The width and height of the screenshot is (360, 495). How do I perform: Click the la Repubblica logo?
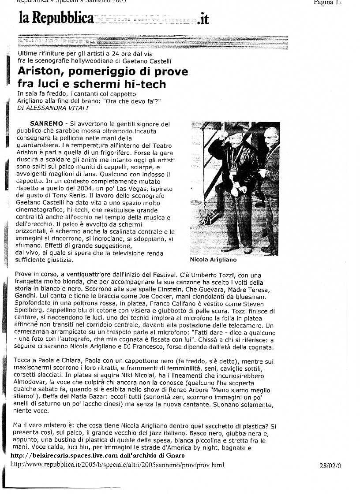point(56,18)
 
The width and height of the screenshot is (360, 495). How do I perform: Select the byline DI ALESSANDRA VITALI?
point(52,108)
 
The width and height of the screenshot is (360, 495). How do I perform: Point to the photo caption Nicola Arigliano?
point(213,260)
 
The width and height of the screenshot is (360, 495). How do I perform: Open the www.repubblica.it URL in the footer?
point(117,465)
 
